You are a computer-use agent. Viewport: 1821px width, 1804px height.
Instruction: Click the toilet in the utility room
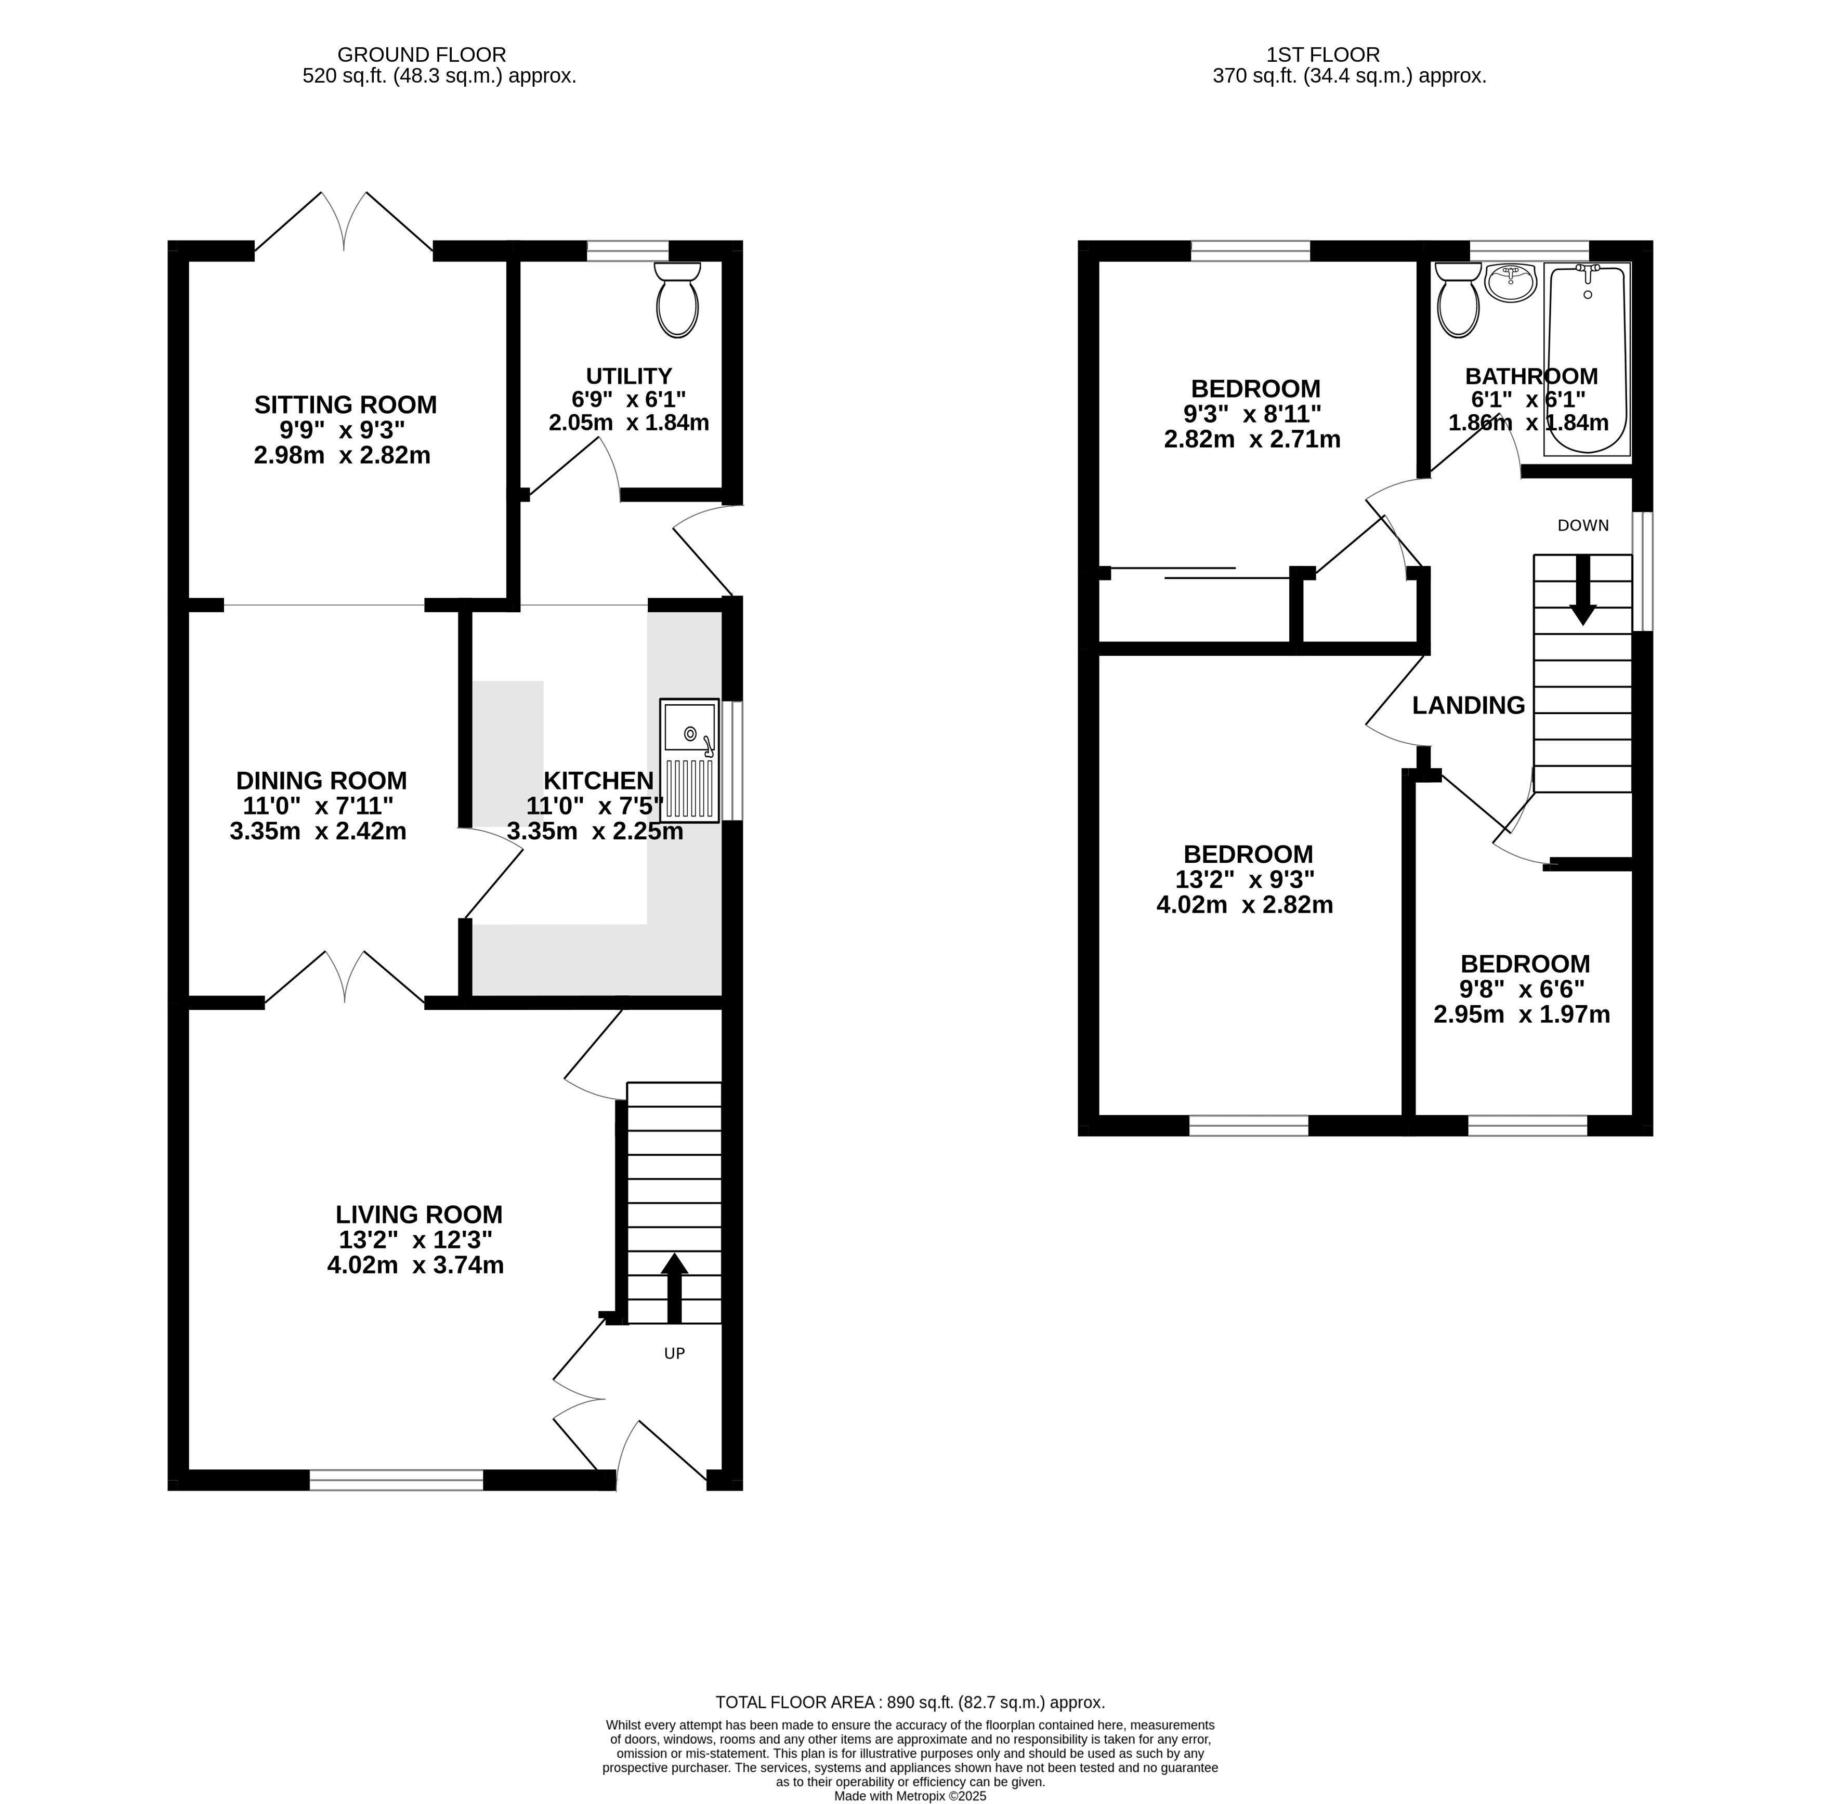point(678,300)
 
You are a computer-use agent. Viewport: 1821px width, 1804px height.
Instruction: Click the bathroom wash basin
point(1510,283)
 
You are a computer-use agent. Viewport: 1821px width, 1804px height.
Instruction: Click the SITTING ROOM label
point(346,405)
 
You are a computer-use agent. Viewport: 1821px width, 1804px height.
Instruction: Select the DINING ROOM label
point(321,781)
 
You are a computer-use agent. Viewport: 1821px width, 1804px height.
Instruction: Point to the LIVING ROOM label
point(420,1215)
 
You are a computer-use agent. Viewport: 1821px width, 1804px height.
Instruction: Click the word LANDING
point(1469,705)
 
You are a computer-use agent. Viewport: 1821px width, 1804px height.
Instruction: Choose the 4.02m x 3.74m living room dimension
point(416,1265)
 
